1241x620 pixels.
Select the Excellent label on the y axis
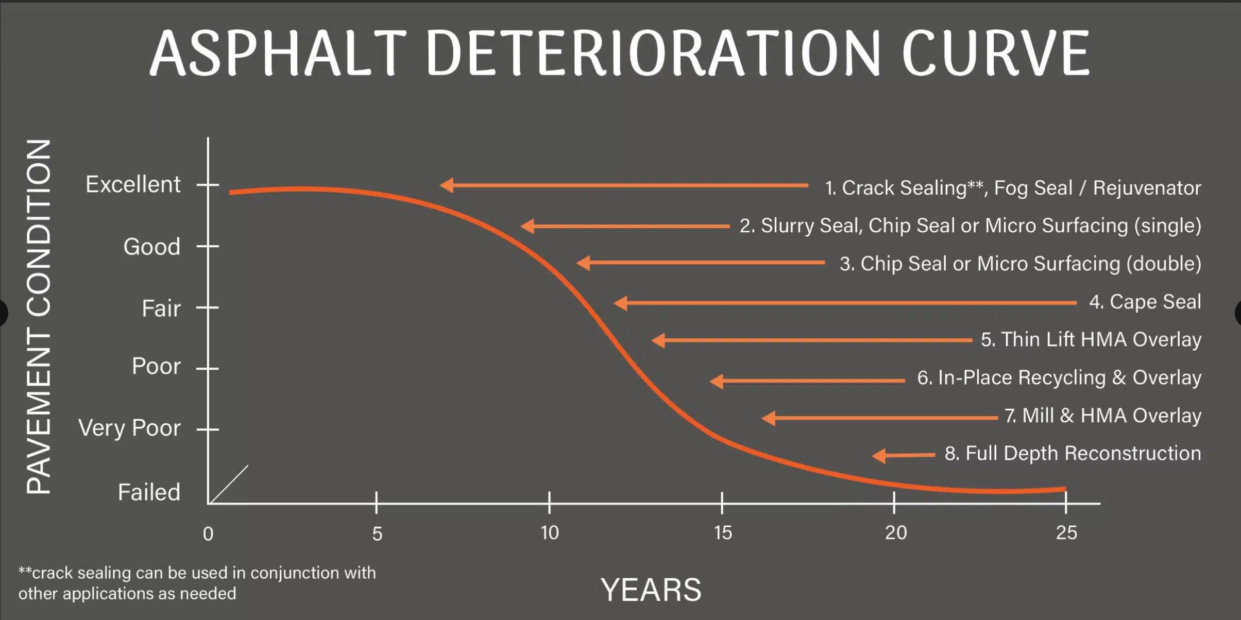click(x=133, y=184)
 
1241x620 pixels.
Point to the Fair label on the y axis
click(x=161, y=308)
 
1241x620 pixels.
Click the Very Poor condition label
click(x=129, y=428)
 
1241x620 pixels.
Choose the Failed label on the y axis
click(x=149, y=492)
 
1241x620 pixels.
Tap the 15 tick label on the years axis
click(x=723, y=533)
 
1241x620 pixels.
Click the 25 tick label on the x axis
click(x=1066, y=532)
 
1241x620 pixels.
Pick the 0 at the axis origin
click(x=208, y=534)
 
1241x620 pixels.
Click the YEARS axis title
click(x=651, y=590)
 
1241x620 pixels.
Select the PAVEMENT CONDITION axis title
click(x=39, y=317)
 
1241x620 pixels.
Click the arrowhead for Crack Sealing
click(x=447, y=185)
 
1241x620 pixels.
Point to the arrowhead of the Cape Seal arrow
click(x=620, y=303)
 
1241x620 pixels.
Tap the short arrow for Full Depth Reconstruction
click(x=903, y=455)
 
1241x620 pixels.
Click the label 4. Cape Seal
click(x=1145, y=302)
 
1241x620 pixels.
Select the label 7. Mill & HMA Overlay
click(x=1103, y=416)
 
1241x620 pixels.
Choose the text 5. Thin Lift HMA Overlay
click(x=1091, y=340)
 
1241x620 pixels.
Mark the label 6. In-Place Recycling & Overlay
click(x=1059, y=378)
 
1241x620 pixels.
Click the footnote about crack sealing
click(x=197, y=583)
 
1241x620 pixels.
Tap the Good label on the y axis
click(x=152, y=247)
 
